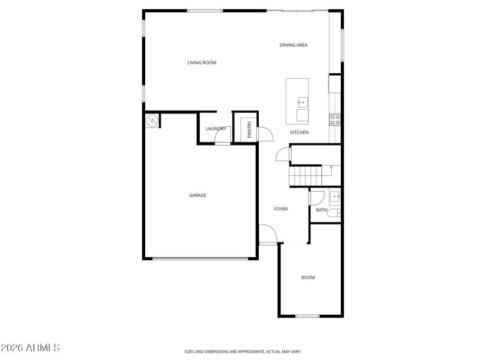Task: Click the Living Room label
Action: (202, 62)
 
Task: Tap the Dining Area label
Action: (293, 45)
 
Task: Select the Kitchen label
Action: (299, 132)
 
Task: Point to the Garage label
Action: (197, 195)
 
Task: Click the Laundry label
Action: (216, 129)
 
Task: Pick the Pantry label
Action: (249, 129)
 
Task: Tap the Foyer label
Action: (281, 209)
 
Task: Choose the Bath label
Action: (321, 211)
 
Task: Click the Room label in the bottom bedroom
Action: (308, 278)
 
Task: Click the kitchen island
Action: (297, 100)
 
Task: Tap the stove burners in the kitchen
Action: (335, 119)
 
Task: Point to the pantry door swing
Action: (264, 133)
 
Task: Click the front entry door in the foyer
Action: (268, 235)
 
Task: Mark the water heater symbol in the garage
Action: (152, 121)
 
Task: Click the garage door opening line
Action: (200, 259)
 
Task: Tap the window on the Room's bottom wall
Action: (307, 315)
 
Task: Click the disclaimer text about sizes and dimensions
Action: (243, 351)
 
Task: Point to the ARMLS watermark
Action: (30, 348)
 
